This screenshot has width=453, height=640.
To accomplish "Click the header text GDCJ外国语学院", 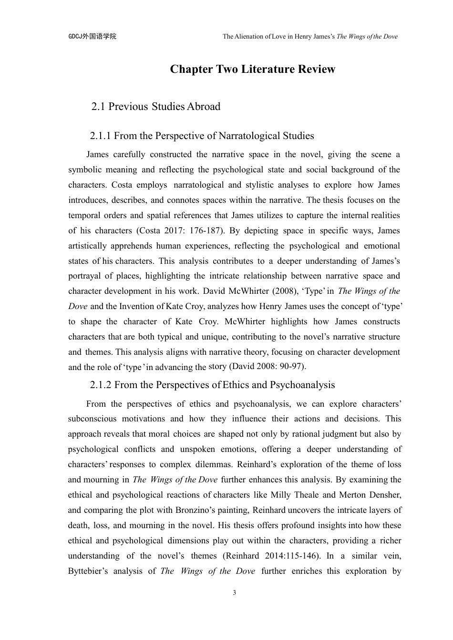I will [92, 36].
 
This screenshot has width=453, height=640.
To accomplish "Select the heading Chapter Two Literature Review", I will [253, 69].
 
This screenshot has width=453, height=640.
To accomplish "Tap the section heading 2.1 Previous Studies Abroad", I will [155, 106].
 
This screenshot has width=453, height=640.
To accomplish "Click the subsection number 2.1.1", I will [100, 136].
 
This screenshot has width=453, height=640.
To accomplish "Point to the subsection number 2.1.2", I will [100, 385].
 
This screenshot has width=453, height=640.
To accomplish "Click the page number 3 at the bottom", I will [234, 593].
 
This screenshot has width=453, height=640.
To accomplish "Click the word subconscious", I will [92, 419].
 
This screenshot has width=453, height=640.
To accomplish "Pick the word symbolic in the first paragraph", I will [84, 170].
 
